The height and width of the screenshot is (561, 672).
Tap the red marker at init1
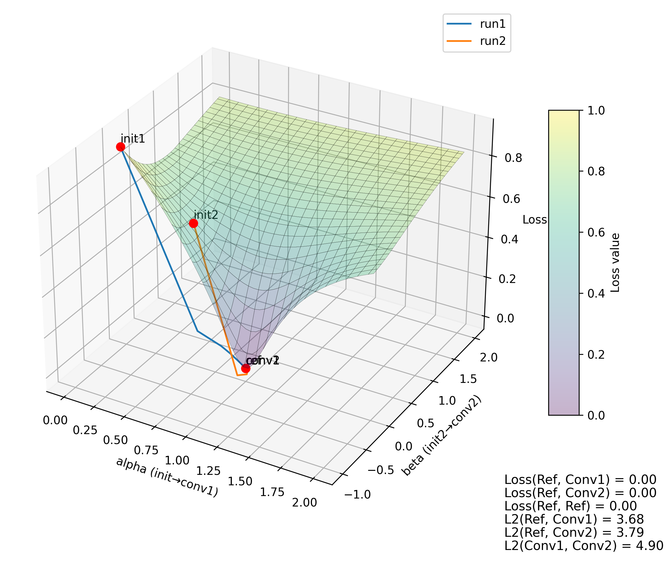[x=120, y=147]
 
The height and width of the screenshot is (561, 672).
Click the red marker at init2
[x=193, y=223]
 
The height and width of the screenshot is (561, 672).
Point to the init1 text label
[x=133, y=139]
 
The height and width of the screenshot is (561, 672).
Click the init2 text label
[x=206, y=215]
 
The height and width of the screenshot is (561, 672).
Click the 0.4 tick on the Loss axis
[x=509, y=239]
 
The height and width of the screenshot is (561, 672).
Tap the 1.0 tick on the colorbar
[x=596, y=110]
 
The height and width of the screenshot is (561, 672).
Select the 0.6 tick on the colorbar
[x=596, y=233]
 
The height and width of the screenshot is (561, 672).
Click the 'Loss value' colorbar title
[x=615, y=263]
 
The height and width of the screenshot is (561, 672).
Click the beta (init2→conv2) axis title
[x=441, y=436]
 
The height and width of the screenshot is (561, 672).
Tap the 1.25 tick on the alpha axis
[x=208, y=471]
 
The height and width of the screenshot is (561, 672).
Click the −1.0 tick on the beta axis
[x=357, y=495]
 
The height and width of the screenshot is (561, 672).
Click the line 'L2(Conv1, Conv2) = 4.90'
[x=584, y=546]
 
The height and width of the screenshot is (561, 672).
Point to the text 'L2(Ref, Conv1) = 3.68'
[x=574, y=519]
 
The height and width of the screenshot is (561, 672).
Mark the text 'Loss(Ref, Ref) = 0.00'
[x=570, y=506]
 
